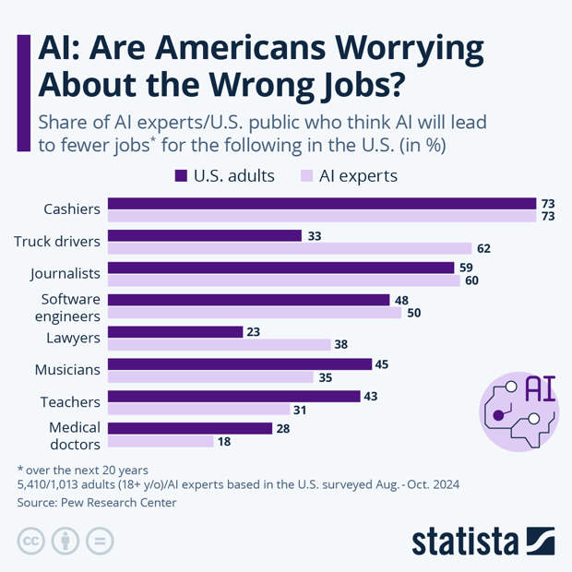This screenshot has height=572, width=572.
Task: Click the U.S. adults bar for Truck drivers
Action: [x=205, y=235]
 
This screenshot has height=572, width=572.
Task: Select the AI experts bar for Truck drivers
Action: [x=290, y=248]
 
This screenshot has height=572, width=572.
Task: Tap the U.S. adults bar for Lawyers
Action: [x=175, y=331]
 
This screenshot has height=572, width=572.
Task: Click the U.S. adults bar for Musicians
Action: [x=240, y=363]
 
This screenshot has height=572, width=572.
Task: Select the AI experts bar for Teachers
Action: [x=198, y=409]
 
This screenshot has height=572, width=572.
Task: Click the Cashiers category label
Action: [x=71, y=209]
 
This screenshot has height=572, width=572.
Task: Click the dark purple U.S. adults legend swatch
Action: [x=181, y=175]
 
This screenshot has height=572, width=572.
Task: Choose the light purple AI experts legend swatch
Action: [x=307, y=175]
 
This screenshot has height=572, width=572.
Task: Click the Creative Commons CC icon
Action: [x=32, y=540]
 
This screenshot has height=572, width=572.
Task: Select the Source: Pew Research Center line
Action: [x=97, y=503]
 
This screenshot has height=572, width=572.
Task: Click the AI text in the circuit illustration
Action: [x=539, y=389]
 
